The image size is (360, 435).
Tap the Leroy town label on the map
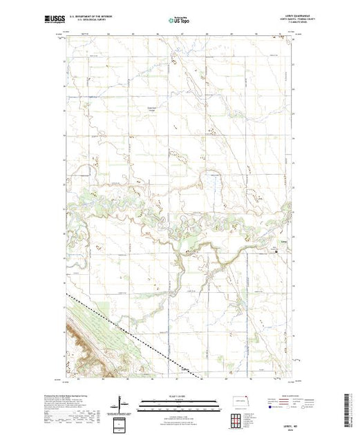tap(282, 242)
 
